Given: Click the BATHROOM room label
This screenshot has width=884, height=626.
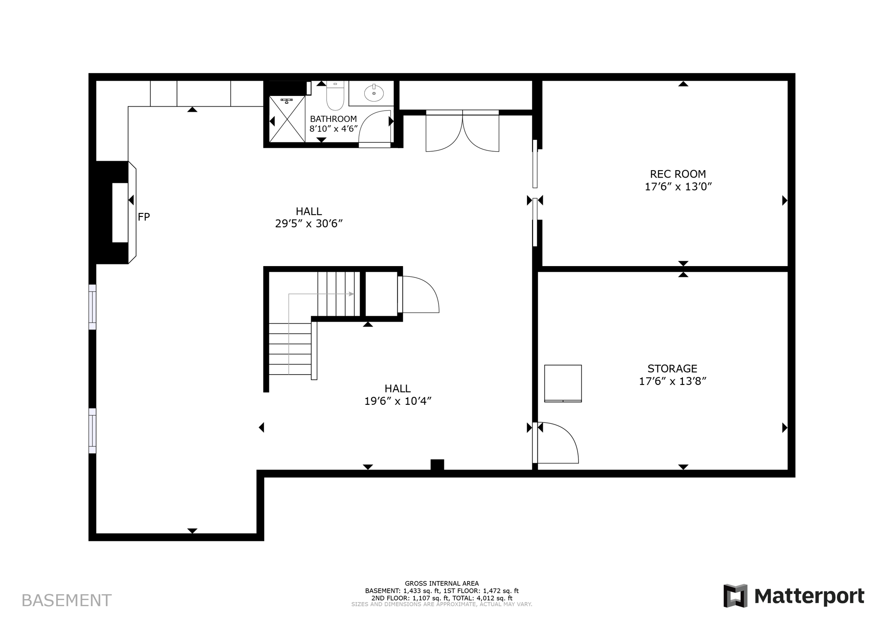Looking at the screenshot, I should [x=333, y=119].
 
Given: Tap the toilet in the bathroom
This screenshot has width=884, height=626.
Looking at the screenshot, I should [x=335, y=96].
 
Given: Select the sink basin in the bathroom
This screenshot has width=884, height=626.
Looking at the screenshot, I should [x=374, y=93].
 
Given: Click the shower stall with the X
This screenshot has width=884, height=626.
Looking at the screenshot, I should [x=287, y=119].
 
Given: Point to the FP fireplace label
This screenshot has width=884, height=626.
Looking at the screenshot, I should [x=144, y=217].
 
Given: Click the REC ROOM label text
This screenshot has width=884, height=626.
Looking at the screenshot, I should [x=678, y=174].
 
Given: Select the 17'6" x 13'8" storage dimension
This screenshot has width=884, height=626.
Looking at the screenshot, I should [x=672, y=381].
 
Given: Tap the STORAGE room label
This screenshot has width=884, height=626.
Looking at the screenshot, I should [x=672, y=369].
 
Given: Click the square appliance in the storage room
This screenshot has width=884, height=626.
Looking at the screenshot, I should [x=563, y=383].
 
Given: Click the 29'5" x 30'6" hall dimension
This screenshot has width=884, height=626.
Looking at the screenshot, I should [x=309, y=224].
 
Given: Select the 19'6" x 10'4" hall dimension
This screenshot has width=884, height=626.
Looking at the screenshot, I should [x=398, y=401].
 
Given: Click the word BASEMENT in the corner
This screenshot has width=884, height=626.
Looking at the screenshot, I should [x=66, y=601].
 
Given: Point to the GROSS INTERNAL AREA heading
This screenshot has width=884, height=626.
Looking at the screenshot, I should [x=442, y=583].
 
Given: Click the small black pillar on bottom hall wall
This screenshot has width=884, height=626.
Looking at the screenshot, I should [x=437, y=464].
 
